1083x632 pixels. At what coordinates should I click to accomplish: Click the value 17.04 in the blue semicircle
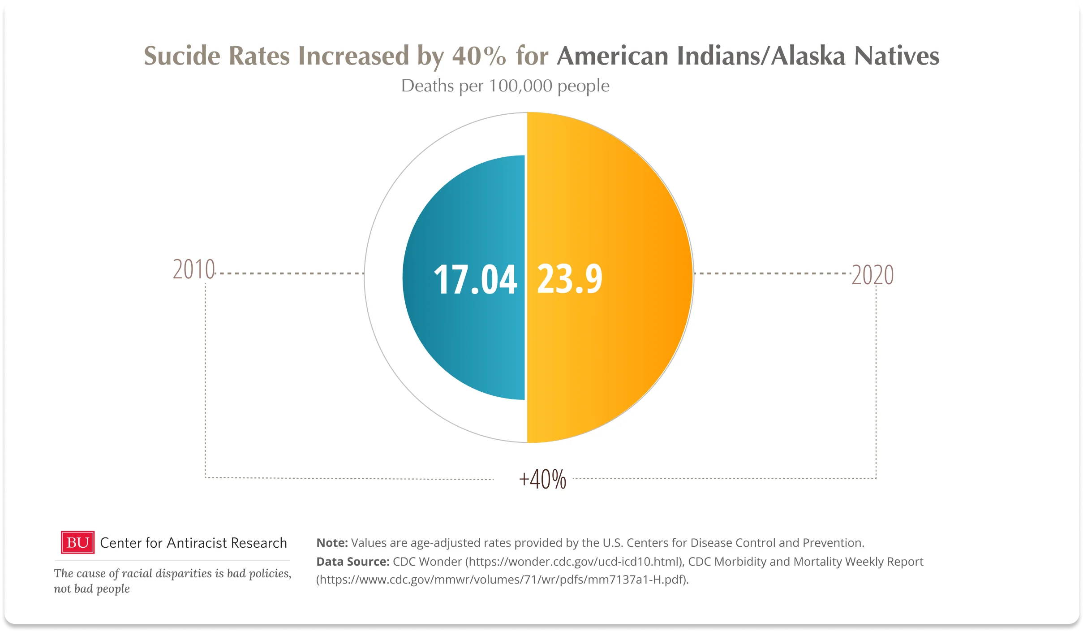[475, 280]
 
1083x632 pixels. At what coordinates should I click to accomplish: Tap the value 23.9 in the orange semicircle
[570, 279]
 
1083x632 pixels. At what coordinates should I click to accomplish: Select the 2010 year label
[194, 270]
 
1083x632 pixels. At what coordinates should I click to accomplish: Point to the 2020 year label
[872, 275]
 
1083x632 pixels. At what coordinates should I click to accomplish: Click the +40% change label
[542, 479]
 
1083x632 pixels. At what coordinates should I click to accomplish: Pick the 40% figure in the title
[479, 56]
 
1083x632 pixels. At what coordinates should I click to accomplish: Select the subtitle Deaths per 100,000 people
[505, 86]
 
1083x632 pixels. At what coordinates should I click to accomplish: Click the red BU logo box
[77, 542]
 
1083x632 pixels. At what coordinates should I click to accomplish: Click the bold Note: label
[332, 543]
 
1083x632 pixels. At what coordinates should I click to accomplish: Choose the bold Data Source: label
[353, 562]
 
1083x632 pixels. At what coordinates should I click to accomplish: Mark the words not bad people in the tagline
[92, 589]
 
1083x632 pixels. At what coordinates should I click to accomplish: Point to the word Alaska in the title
[808, 56]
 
